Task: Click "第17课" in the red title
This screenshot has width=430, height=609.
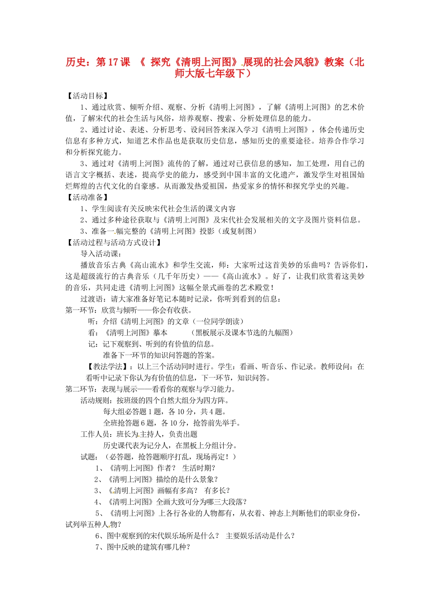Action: [113, 62]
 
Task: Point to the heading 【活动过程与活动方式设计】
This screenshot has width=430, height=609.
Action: [114, 242]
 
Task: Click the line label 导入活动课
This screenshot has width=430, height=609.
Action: [99, 254]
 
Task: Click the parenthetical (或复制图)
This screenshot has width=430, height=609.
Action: [239, 231]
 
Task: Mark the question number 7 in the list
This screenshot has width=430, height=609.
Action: [98, 547]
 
